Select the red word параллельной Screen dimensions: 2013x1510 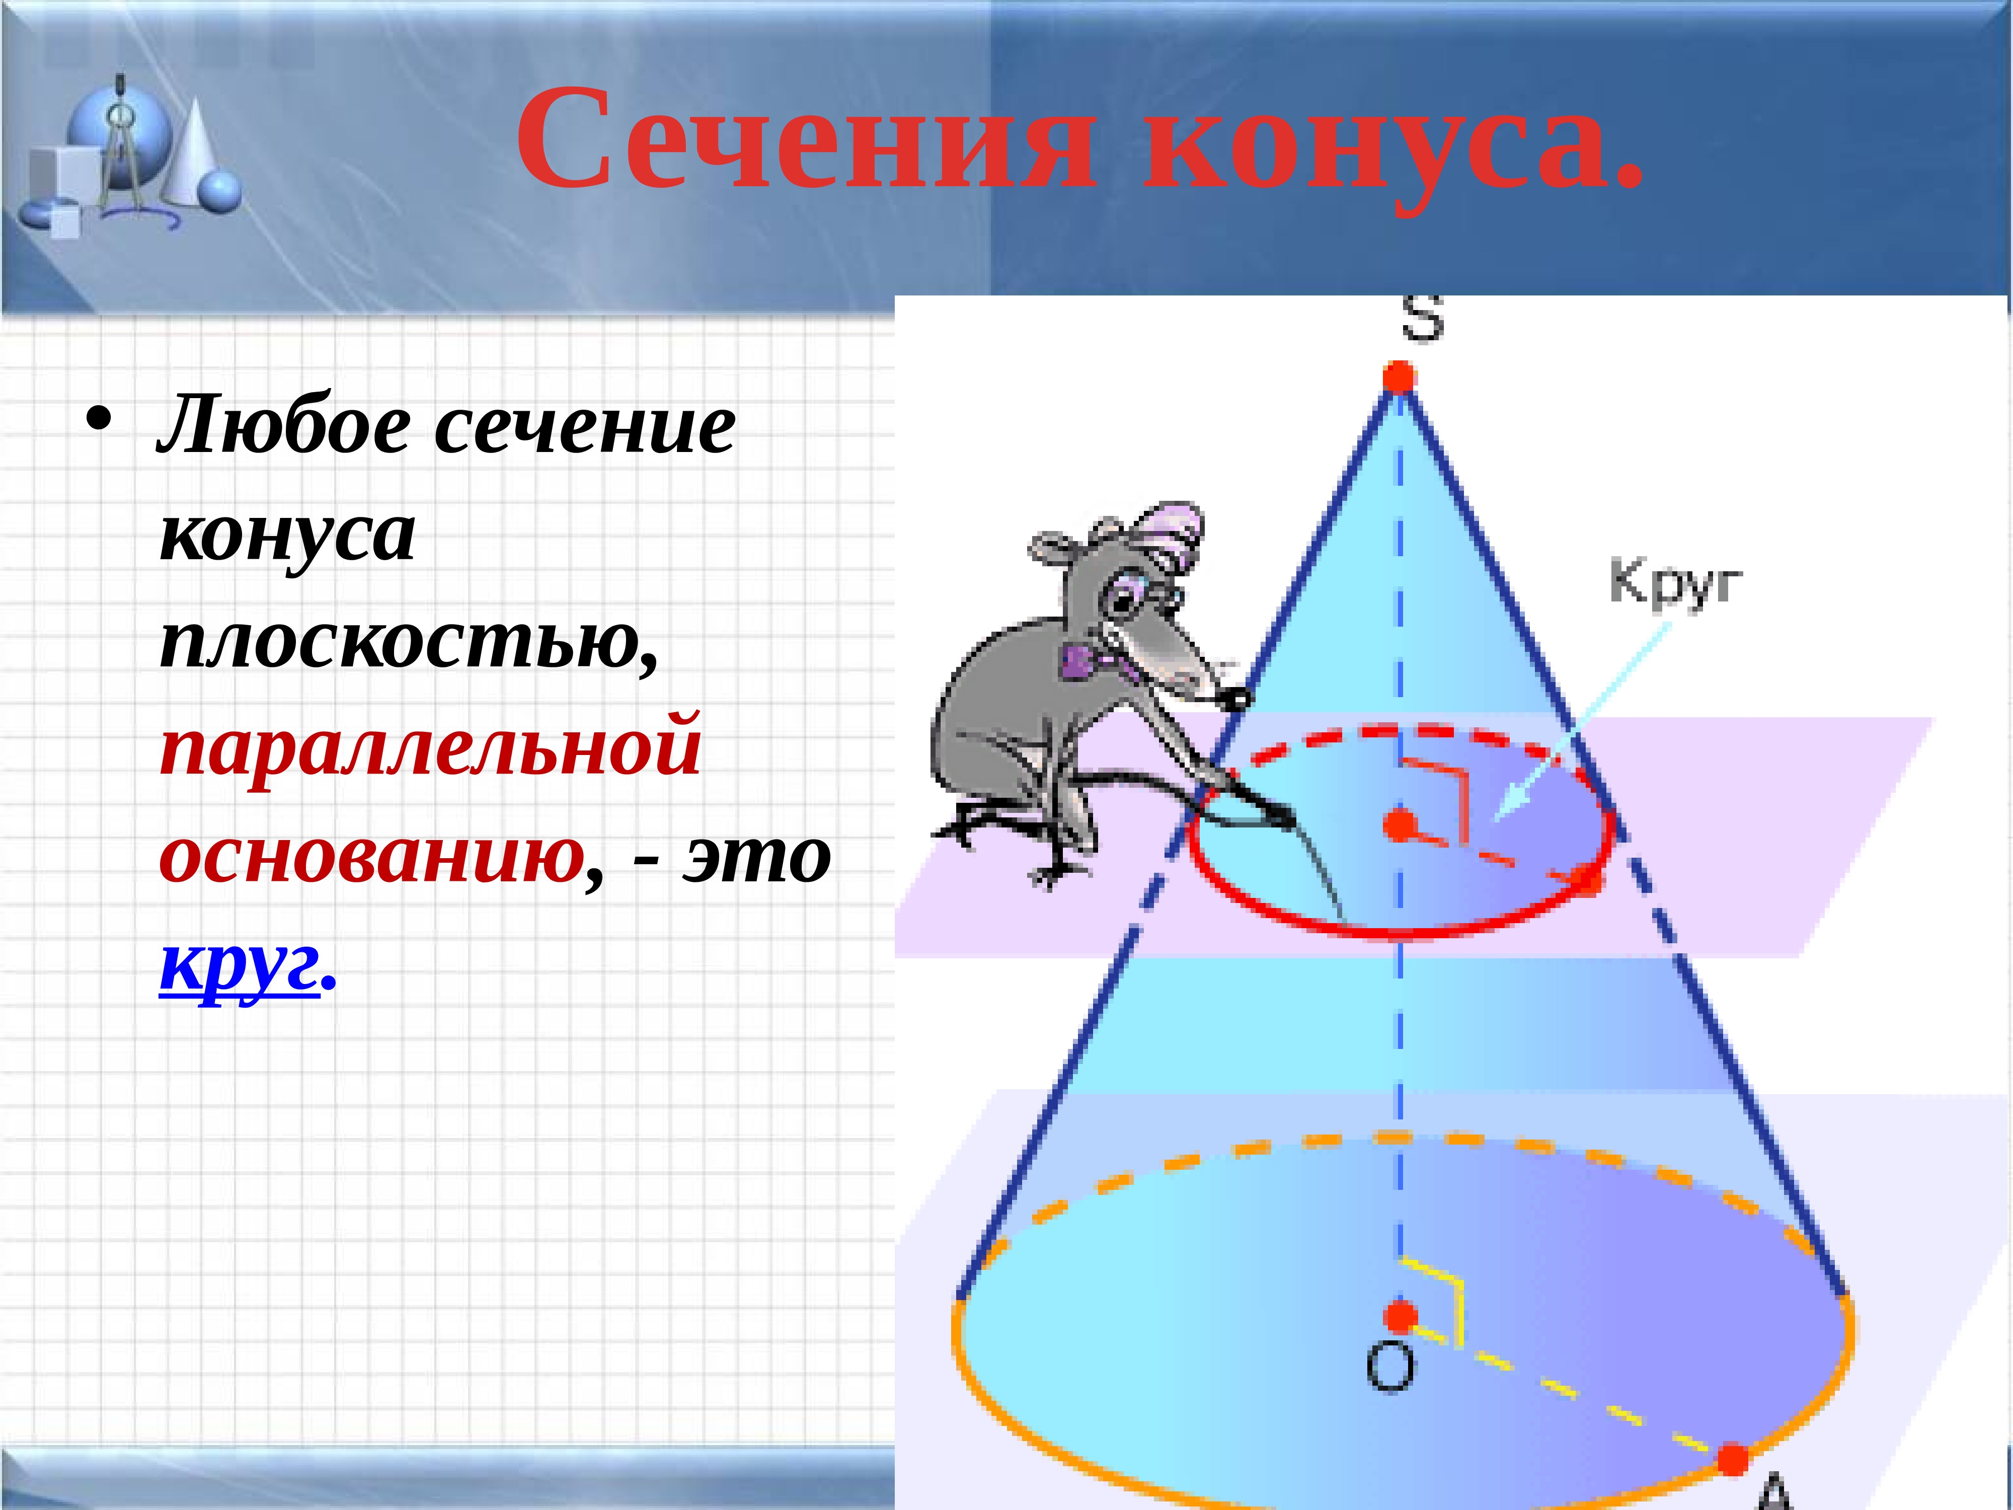tap(430, 753)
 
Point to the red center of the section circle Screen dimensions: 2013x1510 tap(1400, 824)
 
